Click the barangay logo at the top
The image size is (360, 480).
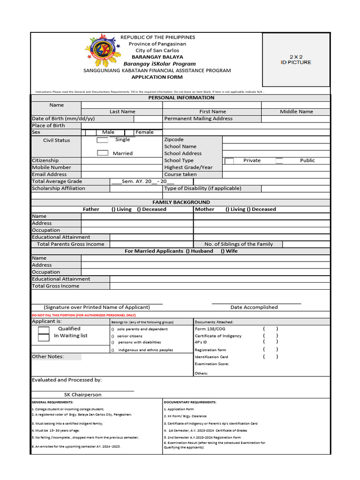point(102,51)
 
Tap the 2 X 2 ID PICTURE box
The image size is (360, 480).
point(295,60)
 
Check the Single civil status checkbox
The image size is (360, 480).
point(102,140)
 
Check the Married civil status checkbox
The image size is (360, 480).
point(103,153)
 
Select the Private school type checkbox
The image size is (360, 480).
point(229,161)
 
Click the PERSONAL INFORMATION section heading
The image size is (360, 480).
point(181,97)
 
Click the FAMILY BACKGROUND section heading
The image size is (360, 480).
point(181,202)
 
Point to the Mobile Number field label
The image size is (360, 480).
point(52,167)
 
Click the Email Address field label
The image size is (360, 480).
point(49,174)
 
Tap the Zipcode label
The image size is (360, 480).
point(174,140)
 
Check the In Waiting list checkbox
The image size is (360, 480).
point(44,337)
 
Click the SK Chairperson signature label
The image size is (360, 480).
point(82,395)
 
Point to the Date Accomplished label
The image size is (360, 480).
point(254,307)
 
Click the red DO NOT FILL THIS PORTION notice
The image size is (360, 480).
point(83,315)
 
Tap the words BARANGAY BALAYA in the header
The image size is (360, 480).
point(150,57)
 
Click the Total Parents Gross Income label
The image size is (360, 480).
point(70,244)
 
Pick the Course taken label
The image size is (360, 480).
point(180,174)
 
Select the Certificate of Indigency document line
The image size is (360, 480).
point(218,336)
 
